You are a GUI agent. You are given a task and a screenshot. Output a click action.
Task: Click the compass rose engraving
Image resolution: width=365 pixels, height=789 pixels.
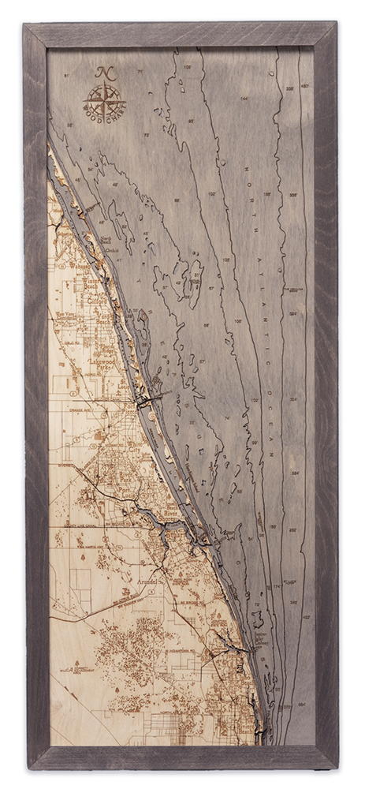click(103, 101)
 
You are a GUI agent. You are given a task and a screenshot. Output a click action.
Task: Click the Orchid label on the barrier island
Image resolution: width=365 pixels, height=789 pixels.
click(112, 251)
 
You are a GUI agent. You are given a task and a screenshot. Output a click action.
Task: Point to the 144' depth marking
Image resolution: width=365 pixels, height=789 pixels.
click(222, 99)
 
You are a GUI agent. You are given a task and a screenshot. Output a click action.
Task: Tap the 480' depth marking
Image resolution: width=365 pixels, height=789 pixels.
click(304, 86)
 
